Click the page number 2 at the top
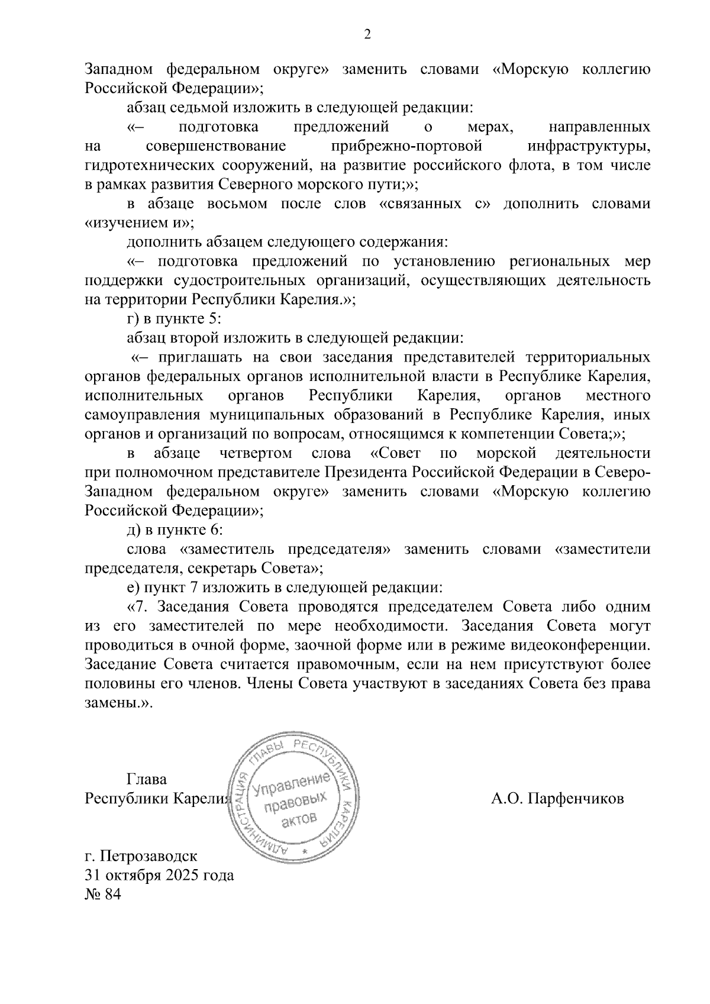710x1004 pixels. (367, 35)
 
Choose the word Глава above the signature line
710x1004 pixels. (147, 779)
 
